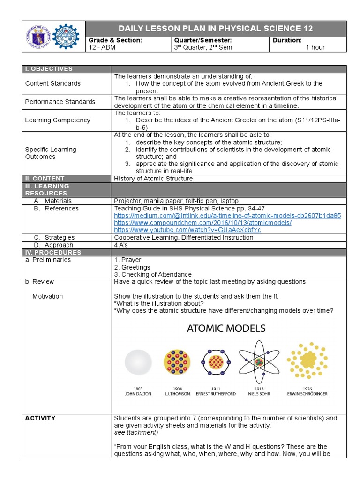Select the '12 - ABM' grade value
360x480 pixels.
pos(101,47)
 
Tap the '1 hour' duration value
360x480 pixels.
pos(315,47)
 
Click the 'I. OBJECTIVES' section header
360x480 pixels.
pos(49,69)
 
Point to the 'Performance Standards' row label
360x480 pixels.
pos(60,102)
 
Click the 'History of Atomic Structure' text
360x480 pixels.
pos(153,179)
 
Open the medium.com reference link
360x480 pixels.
pos(227,216)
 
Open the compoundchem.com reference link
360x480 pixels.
pos(202,223)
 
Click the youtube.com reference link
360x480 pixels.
pos(187,230)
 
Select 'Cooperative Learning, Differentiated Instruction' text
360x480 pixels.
pos(183,237)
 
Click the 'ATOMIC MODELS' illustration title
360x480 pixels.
pos(226,328)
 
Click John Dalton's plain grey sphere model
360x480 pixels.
pos(138,363)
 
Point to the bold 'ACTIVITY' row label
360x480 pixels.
pos(40,418)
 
